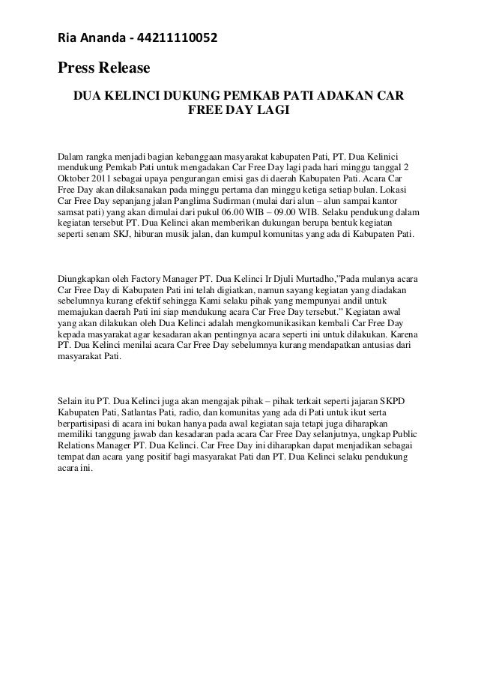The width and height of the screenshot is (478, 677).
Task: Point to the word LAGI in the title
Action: (272, 112)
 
